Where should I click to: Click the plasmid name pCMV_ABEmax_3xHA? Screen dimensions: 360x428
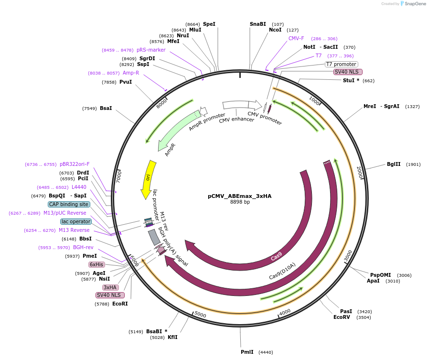tap(239, 196)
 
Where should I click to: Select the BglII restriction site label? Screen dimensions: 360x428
tap(394, 164)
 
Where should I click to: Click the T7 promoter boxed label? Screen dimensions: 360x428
tap(341, 64)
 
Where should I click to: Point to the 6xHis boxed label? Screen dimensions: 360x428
tap(96, 264)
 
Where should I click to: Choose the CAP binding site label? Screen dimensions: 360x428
tap(68, 204)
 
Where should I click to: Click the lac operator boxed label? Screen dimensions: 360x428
tap(75, 221)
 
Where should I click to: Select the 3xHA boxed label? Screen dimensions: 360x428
tap(110, 287)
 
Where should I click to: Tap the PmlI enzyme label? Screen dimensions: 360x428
tap(247, 352)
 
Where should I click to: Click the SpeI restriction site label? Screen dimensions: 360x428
tap(209, 24)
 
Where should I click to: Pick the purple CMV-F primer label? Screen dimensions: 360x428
tap(296, 38)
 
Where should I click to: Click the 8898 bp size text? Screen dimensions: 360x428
tap(240, 202)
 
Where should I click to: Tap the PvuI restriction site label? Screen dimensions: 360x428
tap(125, 82)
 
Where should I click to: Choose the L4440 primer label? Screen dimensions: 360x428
tap(79, 187)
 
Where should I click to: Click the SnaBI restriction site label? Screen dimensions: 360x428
tap(258, 24)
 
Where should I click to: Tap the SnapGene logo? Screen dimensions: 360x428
tap(413, 4)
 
